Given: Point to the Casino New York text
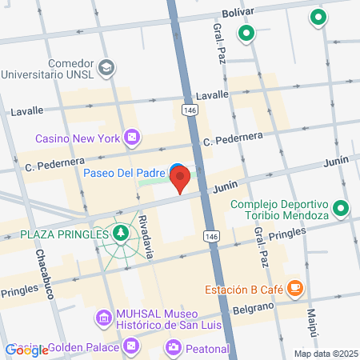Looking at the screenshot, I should [x=78, y=138].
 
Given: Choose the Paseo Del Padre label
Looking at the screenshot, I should [x=123, y=171].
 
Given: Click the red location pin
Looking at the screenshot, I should [x=181, y=178].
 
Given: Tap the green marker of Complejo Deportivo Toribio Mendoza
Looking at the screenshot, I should [x=341, y=210].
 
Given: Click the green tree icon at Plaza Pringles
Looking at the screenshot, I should [x=120, y=234].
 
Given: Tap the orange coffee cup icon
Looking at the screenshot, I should [x=294, y=286].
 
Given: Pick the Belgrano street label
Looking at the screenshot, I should [x=254, y=307].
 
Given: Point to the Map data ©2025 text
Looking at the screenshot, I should [x=324, y=354].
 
